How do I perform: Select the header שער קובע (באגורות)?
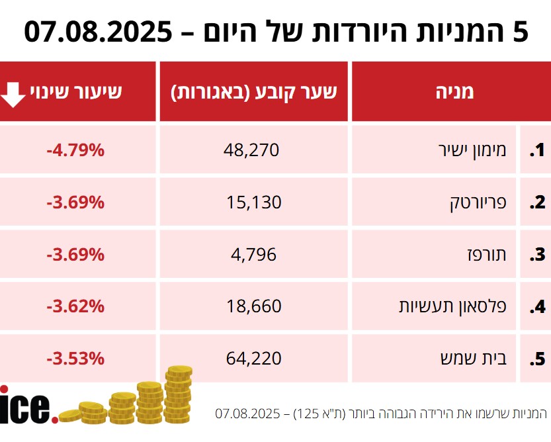(255, 92)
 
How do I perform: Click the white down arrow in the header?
(13, 93)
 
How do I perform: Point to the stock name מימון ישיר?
(472, 150)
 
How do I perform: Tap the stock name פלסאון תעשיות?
(453, 306)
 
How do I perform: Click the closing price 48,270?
(252, 150)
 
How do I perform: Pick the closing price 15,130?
(254, 202)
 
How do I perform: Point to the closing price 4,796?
(254, 254)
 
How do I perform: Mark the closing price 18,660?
(254, 306)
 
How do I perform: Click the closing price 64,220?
(254, 358)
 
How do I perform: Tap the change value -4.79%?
(75, 150)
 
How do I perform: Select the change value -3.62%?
(75, 306)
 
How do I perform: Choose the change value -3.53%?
(75, 358)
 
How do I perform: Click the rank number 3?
(536, 255)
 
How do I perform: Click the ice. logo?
(26, 404)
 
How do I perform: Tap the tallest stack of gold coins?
(178, 395)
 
